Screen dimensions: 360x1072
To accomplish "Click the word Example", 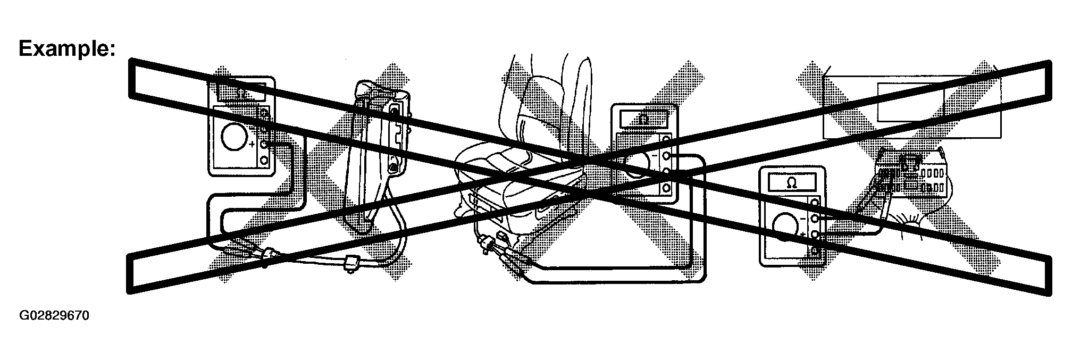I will (x=67, y=49).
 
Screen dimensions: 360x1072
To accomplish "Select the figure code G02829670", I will (x=54, y=316).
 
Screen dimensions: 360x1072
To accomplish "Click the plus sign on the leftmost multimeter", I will (x=251, y=144).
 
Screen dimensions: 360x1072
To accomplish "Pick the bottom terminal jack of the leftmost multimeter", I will (x=264, y=161).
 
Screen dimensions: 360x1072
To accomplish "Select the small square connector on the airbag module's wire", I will (x=350, y=263).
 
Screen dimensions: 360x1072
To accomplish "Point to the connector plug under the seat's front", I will (x=485, y=244).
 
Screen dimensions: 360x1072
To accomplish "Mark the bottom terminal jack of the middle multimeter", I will (x=667, y=188).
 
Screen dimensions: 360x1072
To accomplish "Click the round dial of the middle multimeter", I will (x=635, y=165).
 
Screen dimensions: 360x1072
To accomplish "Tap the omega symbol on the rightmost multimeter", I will (x=791, y=183).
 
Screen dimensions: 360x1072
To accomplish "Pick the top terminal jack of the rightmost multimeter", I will (x=815, y=202).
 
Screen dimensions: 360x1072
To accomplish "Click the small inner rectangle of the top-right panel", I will (x=910, y=102).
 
